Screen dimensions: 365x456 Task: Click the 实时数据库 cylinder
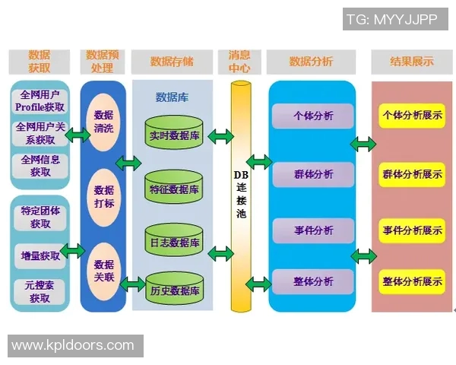174,134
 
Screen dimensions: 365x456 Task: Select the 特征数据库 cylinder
174,188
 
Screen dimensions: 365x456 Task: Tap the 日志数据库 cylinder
174,242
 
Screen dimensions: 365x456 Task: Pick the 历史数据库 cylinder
174,290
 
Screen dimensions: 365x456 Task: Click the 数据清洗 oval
104,121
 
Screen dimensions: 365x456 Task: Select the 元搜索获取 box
40,292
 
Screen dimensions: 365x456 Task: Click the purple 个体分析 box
313,116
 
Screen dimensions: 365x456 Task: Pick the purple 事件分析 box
313,230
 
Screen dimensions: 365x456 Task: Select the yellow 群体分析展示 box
413,173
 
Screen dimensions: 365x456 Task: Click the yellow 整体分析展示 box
413,281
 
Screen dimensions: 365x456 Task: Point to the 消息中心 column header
240,62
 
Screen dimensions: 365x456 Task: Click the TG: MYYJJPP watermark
391,20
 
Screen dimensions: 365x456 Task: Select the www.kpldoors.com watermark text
73,345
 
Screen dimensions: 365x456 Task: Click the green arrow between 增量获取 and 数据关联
73,250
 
